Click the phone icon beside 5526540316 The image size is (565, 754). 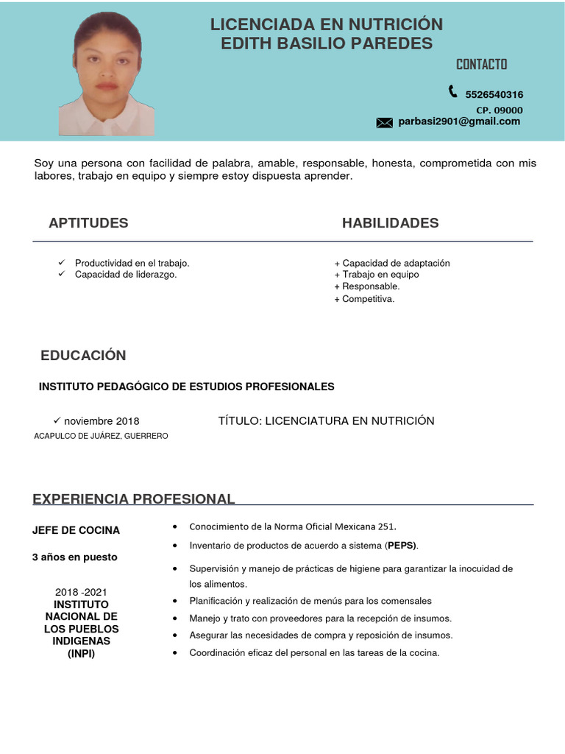[x=452, y=91]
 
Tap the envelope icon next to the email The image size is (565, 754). [x=384, y=123]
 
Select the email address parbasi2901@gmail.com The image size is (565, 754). [x=459, y=121]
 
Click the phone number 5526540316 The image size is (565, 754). [x=494, y=94]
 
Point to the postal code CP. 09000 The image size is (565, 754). [x=499, y=110]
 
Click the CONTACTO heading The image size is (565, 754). [x=481, y=64]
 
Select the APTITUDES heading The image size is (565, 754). [x=88, y=223]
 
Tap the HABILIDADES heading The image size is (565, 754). [x=390, y=223]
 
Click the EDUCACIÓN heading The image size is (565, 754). [x=83, y=356]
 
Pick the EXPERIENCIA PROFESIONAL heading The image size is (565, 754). [x=133, y=499]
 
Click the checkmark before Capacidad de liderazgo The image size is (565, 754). [x=62, y=274]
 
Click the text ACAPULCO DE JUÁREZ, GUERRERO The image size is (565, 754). [x=101, y=436]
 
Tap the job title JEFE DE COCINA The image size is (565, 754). [x=76, y=530]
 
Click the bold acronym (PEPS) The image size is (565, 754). [x=402, y=546]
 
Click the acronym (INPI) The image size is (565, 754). [x=81, y=653]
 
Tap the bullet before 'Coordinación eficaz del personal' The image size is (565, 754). [x=174, y=653]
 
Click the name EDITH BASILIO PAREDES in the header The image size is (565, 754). [x=327, y=43]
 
